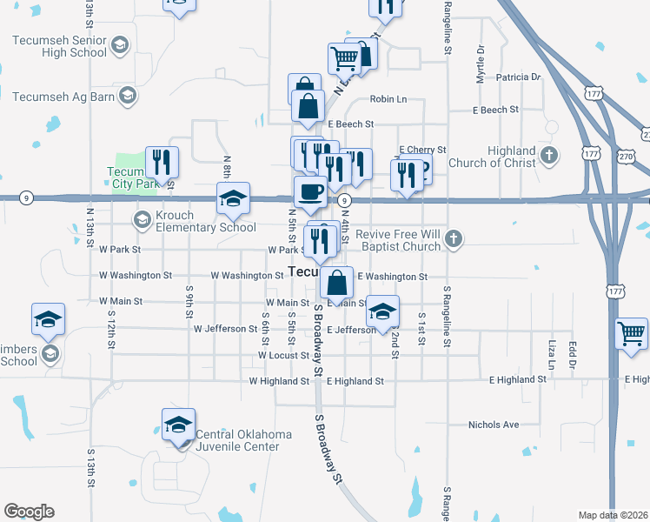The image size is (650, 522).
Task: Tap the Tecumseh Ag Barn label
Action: [x=64, y=96]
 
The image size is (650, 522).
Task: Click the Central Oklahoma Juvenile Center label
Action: [x=237, y=440]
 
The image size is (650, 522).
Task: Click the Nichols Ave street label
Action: [x=493, y=425]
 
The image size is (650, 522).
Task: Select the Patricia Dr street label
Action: [x=518, y=77]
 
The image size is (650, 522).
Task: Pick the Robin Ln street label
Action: [x=388, y=99]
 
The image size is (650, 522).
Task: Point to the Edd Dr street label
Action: [x=572, y=351]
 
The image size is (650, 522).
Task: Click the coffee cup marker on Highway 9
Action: [x=309, y=191]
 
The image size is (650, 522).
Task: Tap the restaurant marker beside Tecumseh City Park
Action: [x=162, y=162]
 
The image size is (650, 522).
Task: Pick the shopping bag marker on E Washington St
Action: [x=336, y=282]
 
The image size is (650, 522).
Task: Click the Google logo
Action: [x=29, y=512]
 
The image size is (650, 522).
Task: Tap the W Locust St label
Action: [x=283, y=356]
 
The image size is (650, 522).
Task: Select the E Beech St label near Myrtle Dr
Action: [x=495, y=110]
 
